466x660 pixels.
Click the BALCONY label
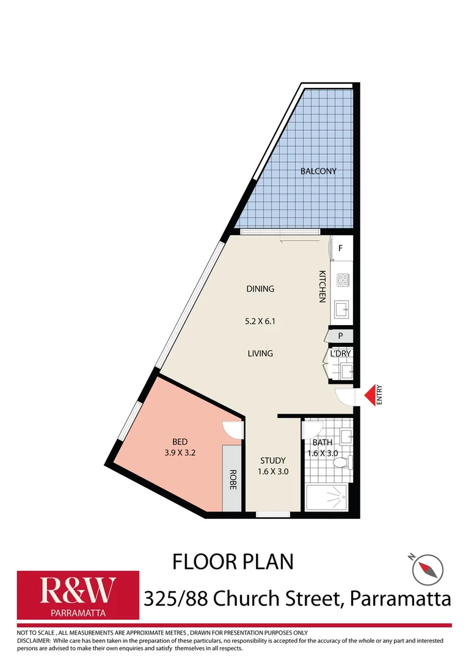click(x=318, y=171)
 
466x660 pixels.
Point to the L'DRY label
click(x=340, y=354)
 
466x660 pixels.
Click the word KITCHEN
click(x=322, y=286)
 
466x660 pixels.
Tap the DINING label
click(x=260, y=289)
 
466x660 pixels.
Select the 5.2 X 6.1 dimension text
click(x=260, y=321)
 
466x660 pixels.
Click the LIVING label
click(x=260, y=353)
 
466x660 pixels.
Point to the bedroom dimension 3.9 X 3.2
click(x=180, y=453)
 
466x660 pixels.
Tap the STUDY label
click(x=273, y=461)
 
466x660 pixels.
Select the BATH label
click(x=322, y=442)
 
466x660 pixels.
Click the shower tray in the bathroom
click(x=327, y=497)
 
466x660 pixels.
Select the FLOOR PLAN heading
click(x=233, y=561)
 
